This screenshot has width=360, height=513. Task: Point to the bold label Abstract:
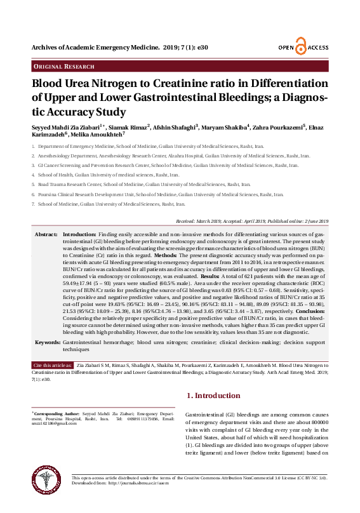(x=46, y=235)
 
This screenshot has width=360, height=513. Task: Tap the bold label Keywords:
(x=48, y=342)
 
